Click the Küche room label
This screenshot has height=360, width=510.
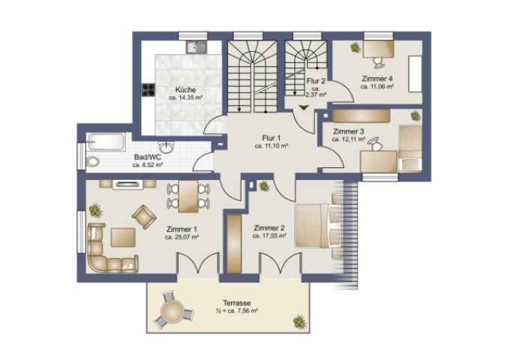186,90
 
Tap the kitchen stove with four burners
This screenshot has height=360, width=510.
148,90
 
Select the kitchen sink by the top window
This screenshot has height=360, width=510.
196,47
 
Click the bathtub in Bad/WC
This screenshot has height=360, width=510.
106,142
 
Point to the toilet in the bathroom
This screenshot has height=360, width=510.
93,161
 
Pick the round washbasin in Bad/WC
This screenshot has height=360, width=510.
166,147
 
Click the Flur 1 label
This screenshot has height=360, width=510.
271,138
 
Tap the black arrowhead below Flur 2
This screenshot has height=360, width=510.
304,108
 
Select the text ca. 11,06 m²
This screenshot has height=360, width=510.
377,87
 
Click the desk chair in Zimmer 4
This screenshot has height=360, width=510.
378,62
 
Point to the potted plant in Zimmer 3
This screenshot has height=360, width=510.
415,115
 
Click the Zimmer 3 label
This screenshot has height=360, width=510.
348,132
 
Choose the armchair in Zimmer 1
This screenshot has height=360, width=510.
144,217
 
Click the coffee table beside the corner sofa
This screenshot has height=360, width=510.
123,238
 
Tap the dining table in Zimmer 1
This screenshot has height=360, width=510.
188,196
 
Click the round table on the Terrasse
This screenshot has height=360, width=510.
172,311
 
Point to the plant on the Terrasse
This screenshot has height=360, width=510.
300,322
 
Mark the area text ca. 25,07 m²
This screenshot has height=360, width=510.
181,237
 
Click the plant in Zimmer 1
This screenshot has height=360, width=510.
95,211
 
